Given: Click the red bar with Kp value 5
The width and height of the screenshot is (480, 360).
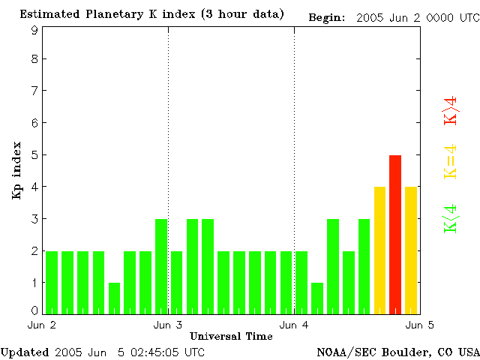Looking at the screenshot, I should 395,234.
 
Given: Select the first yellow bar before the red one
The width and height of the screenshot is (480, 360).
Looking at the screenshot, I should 379,250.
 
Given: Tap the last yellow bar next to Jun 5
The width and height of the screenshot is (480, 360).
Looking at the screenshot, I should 411,250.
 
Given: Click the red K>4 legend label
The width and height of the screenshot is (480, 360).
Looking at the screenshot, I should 451,109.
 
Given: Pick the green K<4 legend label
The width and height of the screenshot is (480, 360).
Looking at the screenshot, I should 451,218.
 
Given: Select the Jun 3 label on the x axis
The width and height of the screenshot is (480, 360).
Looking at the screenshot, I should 168,325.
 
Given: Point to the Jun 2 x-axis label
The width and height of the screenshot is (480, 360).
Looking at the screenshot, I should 42,325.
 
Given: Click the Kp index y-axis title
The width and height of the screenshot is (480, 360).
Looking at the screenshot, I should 16,170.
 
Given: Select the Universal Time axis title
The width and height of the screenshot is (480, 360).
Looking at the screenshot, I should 231,336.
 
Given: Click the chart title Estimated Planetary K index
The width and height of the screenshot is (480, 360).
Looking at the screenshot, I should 151,14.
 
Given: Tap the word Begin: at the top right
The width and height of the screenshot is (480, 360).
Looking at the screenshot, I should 326,17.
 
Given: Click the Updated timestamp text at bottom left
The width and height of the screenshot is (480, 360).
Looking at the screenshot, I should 102,351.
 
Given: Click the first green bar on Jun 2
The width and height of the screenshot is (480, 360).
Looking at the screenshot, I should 52,282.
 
